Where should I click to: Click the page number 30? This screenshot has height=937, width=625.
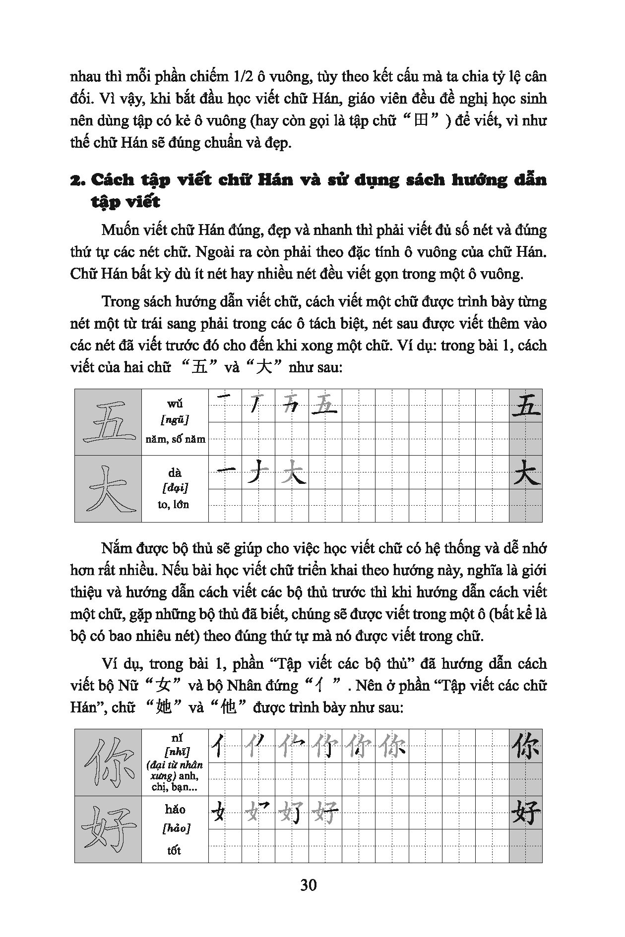point(308,884)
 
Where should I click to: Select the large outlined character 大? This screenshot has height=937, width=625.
point(108,489)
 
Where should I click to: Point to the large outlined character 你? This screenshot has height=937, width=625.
point(108,762)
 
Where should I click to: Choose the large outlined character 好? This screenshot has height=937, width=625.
point(108,829)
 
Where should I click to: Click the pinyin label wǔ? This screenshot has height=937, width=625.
point(175,404)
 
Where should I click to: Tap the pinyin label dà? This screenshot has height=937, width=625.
point(175,472)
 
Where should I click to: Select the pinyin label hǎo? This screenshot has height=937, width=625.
point(175,810)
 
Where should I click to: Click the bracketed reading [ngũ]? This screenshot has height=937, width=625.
point(175,420)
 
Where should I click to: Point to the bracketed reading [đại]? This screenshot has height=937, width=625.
point(175,488)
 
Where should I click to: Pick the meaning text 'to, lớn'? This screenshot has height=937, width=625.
point(175,505)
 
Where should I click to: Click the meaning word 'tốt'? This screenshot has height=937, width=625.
point(174,850)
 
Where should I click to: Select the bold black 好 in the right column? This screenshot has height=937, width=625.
point(526,813)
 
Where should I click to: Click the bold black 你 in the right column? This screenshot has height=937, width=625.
point(526,746)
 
